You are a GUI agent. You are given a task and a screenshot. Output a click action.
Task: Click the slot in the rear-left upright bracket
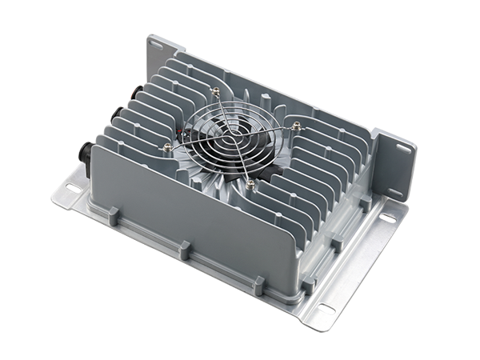coord(155,45)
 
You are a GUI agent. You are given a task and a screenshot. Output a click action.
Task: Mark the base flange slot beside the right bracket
coord(386,218)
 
